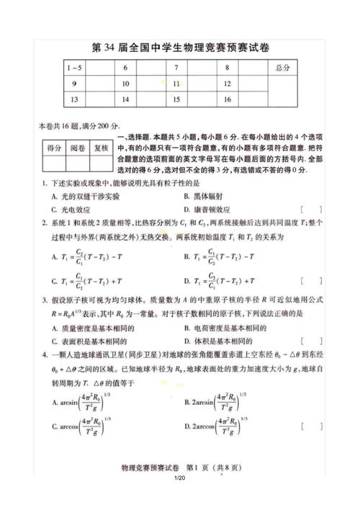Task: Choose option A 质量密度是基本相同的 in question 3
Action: [x=95, y=328]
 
